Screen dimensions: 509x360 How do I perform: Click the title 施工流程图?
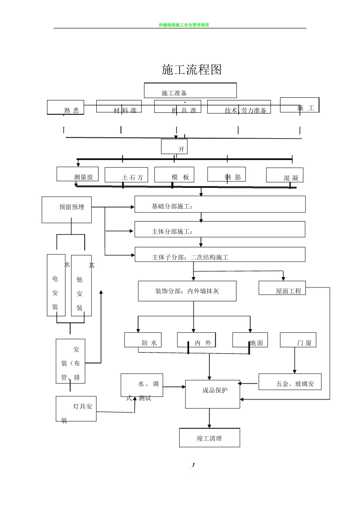(191, 70)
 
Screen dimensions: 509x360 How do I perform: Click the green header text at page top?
(184, 25)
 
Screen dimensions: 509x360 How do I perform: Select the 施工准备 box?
(190, 91)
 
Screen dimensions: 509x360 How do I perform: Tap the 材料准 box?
(119, 106)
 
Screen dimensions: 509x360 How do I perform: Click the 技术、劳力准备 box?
(239, 107)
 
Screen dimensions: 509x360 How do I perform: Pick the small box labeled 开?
(174, 147)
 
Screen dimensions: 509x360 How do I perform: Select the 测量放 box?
(78, 174)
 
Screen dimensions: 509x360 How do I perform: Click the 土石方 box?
(127, 175)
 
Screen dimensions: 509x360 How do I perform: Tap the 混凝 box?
(285, 175)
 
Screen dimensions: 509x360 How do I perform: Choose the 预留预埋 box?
(67, 209)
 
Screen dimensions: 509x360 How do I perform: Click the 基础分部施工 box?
(220, 204)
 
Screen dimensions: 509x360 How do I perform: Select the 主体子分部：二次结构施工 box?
(220, 254)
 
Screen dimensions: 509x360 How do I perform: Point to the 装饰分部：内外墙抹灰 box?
(187, 291)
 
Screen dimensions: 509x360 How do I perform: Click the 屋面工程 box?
(282, 288)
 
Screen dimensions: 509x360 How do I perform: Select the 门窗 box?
(298, 340)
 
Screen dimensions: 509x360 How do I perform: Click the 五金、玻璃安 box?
(290, 382)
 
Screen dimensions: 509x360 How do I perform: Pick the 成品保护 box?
(213, 394)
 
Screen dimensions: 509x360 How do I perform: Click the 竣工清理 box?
(210, 437)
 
